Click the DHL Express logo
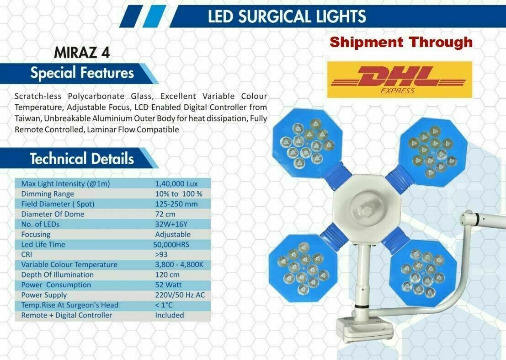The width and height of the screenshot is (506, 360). coord(399,80)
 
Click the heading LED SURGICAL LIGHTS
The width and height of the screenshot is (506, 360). coord(287,16)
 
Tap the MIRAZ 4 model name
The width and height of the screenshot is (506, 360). coord(82,53)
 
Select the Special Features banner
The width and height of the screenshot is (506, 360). coord(79,73)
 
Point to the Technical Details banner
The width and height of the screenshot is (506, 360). coord(79,159)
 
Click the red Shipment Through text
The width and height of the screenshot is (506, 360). coord(401,42)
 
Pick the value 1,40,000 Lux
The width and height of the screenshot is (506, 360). coord(176,184)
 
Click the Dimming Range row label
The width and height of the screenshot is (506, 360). coord(48,193)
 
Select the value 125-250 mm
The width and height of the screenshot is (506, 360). coord(176,204)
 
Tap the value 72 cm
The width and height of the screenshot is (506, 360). coord(165,214)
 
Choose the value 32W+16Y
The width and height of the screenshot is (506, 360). coord(171,224)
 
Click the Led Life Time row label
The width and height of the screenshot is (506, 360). coord(43,244)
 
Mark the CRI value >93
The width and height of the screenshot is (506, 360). coord(161,254)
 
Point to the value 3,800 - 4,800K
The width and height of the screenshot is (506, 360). coord(179,265)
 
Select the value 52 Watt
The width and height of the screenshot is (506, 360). coord(168,285)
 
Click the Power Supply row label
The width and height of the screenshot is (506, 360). coord(44,295)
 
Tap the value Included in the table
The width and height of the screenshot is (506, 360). coord(170,315)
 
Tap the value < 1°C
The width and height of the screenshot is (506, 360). coord(164,305)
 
